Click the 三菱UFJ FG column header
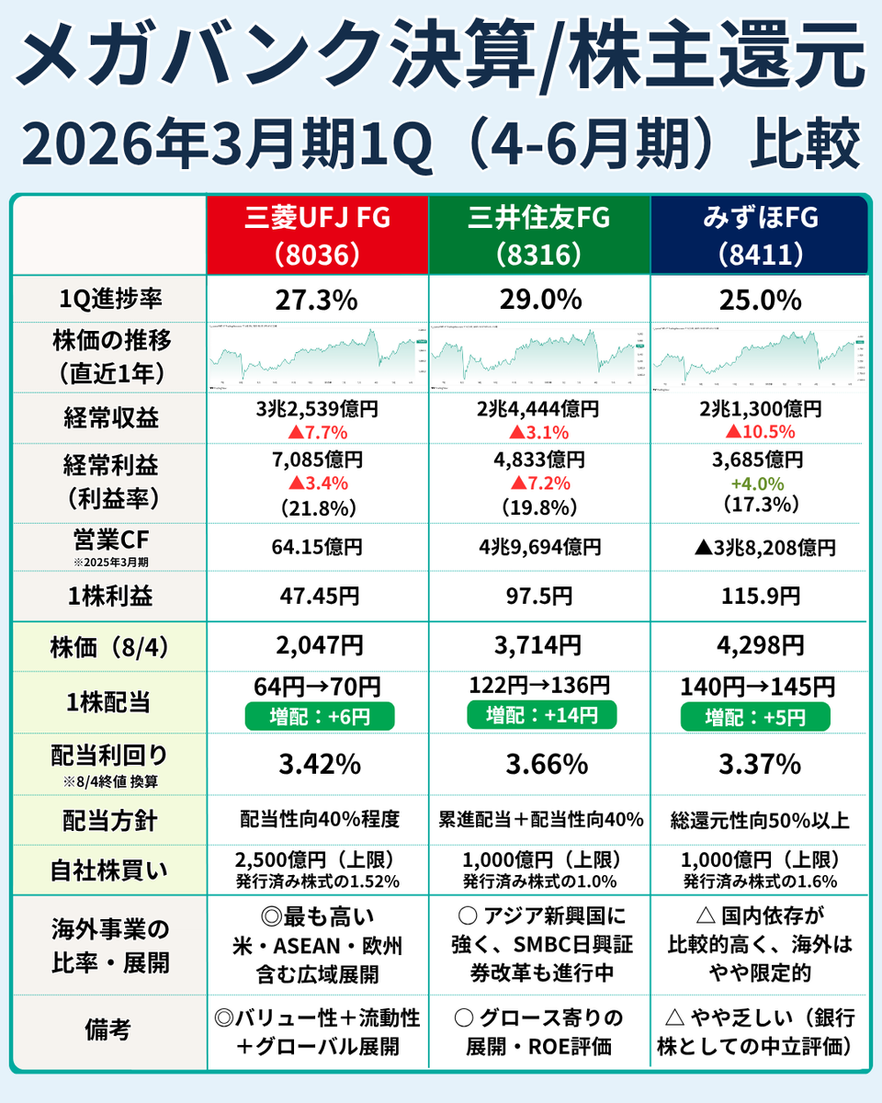pos(317,234)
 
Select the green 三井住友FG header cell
pos(539,234)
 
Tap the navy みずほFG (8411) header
pos(760,234)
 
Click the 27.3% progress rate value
pos(317,300)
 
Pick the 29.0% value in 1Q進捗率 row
pos(539,300)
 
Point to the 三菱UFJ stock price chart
pos(317,358)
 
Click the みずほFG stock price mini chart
pos(760,358)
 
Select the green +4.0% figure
pos(760,483)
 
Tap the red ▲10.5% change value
pos(760,432)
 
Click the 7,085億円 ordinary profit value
pos(317,460)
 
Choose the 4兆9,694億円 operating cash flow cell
pos(539,548)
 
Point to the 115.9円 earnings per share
pos(760,597)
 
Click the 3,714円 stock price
pos(539,646)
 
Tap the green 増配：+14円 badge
pos(539,714)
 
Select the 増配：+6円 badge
pos(317,714)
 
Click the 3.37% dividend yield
pos(760,764)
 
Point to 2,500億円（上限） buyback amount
pos(317,860)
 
